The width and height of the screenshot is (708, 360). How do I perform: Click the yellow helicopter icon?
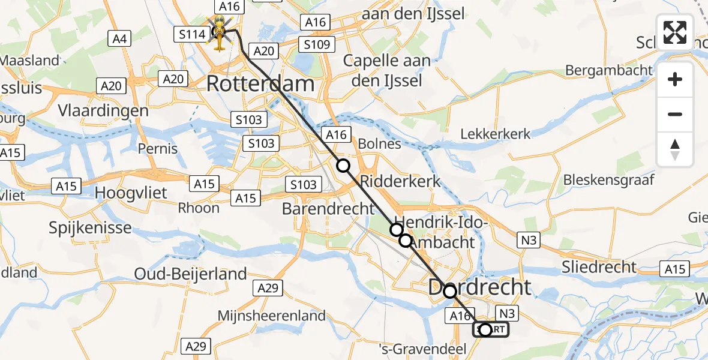click(x=219, y=33)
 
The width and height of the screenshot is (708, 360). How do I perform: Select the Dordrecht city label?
click(x=479, y=287)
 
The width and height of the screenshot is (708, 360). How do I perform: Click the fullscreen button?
click(x=675, y=32)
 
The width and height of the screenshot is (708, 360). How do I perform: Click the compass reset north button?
click(x=675, y=149)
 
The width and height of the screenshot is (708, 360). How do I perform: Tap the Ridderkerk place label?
click(x=400, y=181)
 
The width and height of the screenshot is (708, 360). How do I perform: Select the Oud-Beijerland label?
click(x=190, y=274)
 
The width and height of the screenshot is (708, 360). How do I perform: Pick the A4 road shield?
click(x=119, y=39)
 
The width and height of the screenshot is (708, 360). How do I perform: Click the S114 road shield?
click(x=192, y=35)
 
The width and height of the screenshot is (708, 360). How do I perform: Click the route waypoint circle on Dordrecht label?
click(x=449, y=292)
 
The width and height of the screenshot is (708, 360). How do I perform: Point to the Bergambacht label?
click(x=608, y=70)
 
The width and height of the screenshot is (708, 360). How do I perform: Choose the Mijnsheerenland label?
click(x=272, y=316)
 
